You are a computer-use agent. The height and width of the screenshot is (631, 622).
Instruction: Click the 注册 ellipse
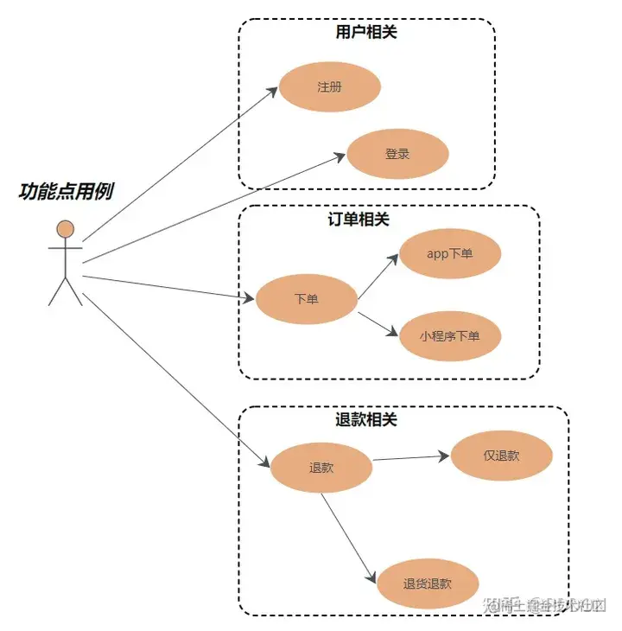tap(329, 86)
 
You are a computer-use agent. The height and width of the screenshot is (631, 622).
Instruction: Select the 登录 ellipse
tap(397, 155)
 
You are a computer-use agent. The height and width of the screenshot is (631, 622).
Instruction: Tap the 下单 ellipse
tap(307, 299)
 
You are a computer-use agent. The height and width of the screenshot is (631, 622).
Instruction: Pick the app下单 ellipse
tap(450, 253)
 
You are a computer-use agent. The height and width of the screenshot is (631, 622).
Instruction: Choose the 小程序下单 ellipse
tap(450, 335)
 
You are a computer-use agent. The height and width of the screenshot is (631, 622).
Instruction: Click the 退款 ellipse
tap(321, 468)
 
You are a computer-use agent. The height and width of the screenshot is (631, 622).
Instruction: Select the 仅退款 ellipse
tap(501, 456)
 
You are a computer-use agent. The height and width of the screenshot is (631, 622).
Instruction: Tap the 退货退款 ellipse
tap(428, 584)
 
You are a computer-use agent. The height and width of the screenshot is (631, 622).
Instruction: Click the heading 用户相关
tap(366, 33)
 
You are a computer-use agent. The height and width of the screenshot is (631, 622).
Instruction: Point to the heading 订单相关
tap(359, 220)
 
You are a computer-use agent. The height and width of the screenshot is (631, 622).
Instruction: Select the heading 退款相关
tap(366, 420)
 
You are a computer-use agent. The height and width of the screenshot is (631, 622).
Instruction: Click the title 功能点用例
tap(66, 191)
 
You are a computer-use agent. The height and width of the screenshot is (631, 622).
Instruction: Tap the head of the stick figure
tap(66, 229)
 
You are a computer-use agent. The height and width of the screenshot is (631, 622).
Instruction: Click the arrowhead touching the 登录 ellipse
tap(340, 156)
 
